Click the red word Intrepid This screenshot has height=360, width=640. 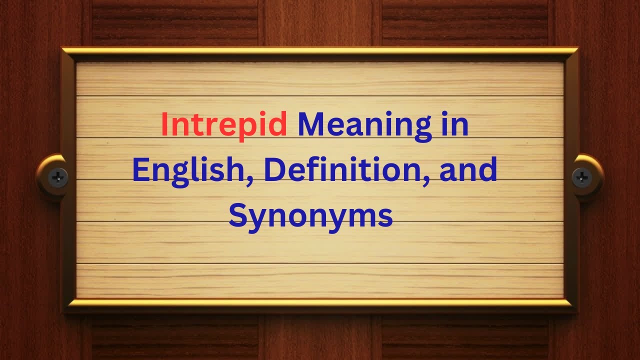pyautogui.click(x=223, y=125)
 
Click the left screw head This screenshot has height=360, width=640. pyautogui.click(x=58, y=175)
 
